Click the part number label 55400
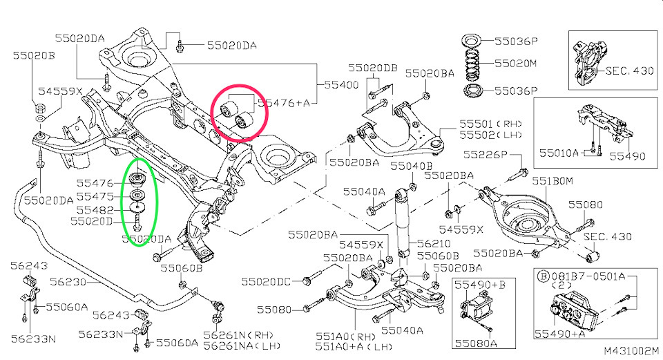[341, 84]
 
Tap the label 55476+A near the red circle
[284, 103]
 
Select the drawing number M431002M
[631, 351]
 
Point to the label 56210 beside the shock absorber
[434, 244]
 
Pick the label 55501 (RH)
[490, 124]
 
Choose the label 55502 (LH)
[490, 135]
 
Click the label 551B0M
[552, 181]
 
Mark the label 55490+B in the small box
[480, 285]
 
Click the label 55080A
[476, 343]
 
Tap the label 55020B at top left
[34, 55]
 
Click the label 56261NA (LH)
[242, 345]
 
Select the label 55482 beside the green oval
[95, 210]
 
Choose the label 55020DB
[372, 68]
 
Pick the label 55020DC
[266, 282]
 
